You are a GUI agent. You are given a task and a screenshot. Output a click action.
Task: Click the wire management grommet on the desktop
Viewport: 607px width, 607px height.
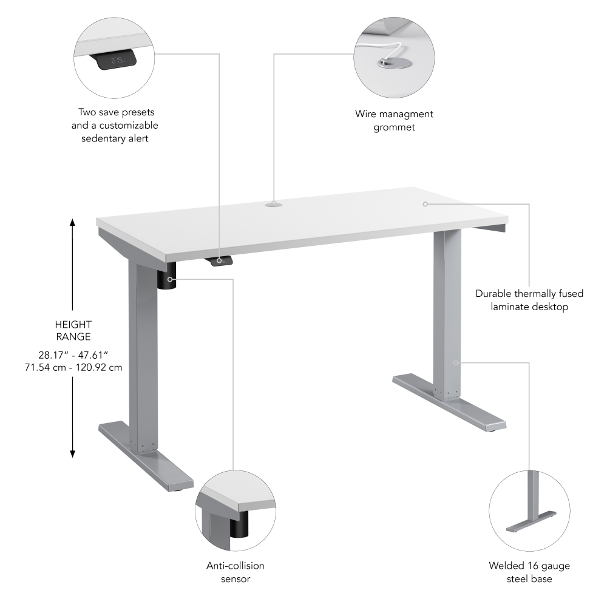[273, 205]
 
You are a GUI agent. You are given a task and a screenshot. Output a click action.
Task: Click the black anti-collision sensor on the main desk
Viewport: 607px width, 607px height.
[168, 279]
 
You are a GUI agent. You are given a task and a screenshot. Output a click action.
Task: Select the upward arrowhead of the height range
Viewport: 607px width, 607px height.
[73, 223]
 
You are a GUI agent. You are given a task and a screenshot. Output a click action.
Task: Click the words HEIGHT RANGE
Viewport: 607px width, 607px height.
[73, 331]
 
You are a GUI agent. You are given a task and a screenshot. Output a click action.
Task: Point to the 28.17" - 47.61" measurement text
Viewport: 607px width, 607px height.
[73, 354]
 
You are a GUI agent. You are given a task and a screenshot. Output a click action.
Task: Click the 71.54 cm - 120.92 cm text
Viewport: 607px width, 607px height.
[73, 367]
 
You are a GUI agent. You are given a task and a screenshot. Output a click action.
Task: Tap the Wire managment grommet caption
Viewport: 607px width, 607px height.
[394, 121]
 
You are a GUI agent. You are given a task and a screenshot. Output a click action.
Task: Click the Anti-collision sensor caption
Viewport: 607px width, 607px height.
[236, 572]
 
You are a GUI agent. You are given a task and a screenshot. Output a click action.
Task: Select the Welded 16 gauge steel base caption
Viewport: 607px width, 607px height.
[529, 572]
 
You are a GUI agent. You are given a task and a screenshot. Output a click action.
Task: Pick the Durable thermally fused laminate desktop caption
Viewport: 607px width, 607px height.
[529, 300]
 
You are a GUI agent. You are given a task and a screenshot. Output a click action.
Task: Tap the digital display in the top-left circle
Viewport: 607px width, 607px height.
[116, 61]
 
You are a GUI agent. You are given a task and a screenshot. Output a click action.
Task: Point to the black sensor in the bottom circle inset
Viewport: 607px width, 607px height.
[240, 523]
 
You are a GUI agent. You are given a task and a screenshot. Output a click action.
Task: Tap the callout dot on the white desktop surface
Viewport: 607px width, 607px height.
[426, 204]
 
